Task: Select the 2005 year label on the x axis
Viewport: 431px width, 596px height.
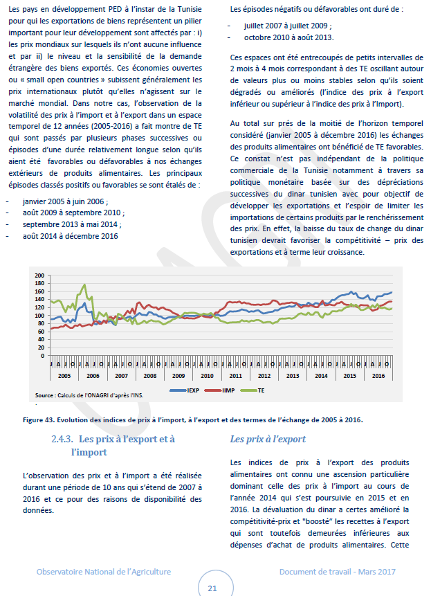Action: click(63, 374)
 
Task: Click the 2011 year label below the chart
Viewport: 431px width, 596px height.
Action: click(235, 374)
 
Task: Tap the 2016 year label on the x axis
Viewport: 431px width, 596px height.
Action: click(378, 374)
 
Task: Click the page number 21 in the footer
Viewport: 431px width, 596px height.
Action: click(212, 588)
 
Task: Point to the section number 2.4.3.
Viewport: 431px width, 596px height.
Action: click(63, 439)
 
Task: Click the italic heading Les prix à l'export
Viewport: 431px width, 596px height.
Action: click(267, 439)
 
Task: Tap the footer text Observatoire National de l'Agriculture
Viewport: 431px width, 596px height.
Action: click(104, 571)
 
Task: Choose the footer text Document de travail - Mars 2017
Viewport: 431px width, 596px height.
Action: click(336, 571)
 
